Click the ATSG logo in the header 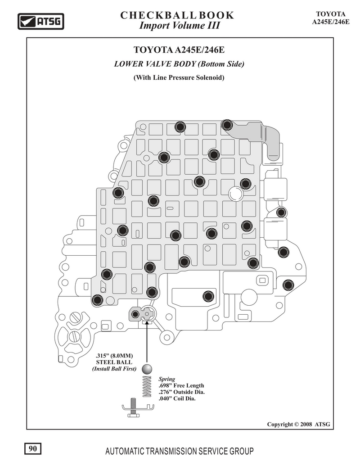coord(40,22)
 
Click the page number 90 coord(33,448)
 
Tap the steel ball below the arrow coord(147,369)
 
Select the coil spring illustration coord(147,386)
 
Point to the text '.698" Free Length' coord(181,385)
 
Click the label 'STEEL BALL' coord(114,362)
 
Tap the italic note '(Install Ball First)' coord(114,369)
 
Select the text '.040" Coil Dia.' coord(177,398)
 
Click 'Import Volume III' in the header coord(180,26)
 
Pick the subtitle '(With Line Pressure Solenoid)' coord(179,77)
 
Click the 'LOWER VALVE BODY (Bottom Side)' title coord(179,64)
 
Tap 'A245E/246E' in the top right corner coord(331,22)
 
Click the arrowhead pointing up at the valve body coord(147,323)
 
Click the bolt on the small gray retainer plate coord(135,314)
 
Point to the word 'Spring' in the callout coord(166,379)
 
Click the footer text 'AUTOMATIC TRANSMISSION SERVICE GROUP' coord(180,451)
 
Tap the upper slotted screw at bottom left coord(76,317)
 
